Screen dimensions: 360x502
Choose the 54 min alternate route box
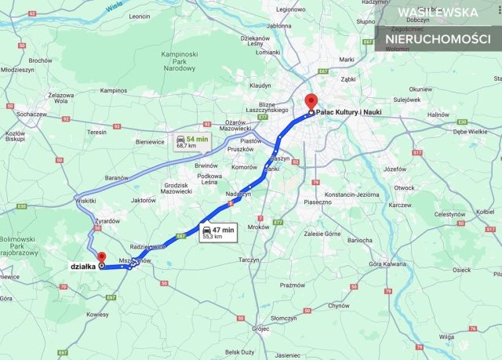tap(191, 142)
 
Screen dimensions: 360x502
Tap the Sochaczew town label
tap(32, 115)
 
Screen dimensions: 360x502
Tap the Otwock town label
tap(404, 187)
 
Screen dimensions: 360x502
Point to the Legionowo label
tap(290, 9)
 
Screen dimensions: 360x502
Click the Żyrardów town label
tap(107, 221)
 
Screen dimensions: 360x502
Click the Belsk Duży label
tap(238, 352)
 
